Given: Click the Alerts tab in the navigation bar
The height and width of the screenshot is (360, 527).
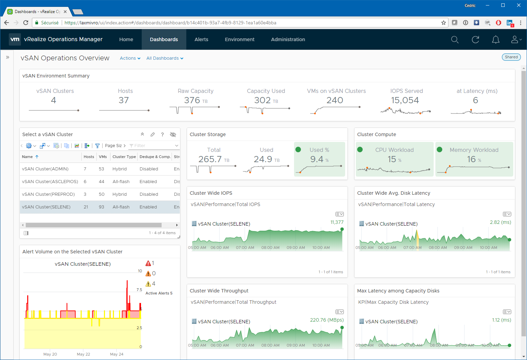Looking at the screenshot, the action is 201,39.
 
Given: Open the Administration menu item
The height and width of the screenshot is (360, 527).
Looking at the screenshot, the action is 288,39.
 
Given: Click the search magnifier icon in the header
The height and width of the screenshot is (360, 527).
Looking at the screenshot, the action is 455,39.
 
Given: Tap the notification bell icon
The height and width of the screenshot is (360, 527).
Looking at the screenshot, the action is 495,39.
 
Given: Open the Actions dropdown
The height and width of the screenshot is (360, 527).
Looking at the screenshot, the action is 130,58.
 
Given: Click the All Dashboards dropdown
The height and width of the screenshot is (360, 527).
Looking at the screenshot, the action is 165,58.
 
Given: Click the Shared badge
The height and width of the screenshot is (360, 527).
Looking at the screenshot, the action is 511,57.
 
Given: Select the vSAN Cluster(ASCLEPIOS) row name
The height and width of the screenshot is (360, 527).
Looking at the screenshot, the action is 50,181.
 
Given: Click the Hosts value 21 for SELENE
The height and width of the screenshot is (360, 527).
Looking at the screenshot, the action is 86,207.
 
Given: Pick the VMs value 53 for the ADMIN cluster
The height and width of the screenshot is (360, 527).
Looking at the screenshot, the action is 102,169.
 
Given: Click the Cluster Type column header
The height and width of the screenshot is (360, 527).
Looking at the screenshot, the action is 124,157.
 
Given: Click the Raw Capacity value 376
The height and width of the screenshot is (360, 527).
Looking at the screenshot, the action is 192,100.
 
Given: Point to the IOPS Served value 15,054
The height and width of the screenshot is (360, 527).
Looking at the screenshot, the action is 405,100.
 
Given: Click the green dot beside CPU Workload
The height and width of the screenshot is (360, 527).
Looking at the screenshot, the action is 360,149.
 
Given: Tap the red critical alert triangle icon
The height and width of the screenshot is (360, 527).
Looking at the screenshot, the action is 148,263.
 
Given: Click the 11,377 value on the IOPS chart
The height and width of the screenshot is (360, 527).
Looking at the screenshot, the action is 337,222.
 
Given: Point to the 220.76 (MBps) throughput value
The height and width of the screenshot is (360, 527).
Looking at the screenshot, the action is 327,320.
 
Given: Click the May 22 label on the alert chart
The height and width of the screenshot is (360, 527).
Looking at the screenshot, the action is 83,354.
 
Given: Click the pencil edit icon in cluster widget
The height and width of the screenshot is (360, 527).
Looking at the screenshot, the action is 152,134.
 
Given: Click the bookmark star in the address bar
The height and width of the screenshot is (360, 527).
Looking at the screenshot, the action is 444,23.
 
